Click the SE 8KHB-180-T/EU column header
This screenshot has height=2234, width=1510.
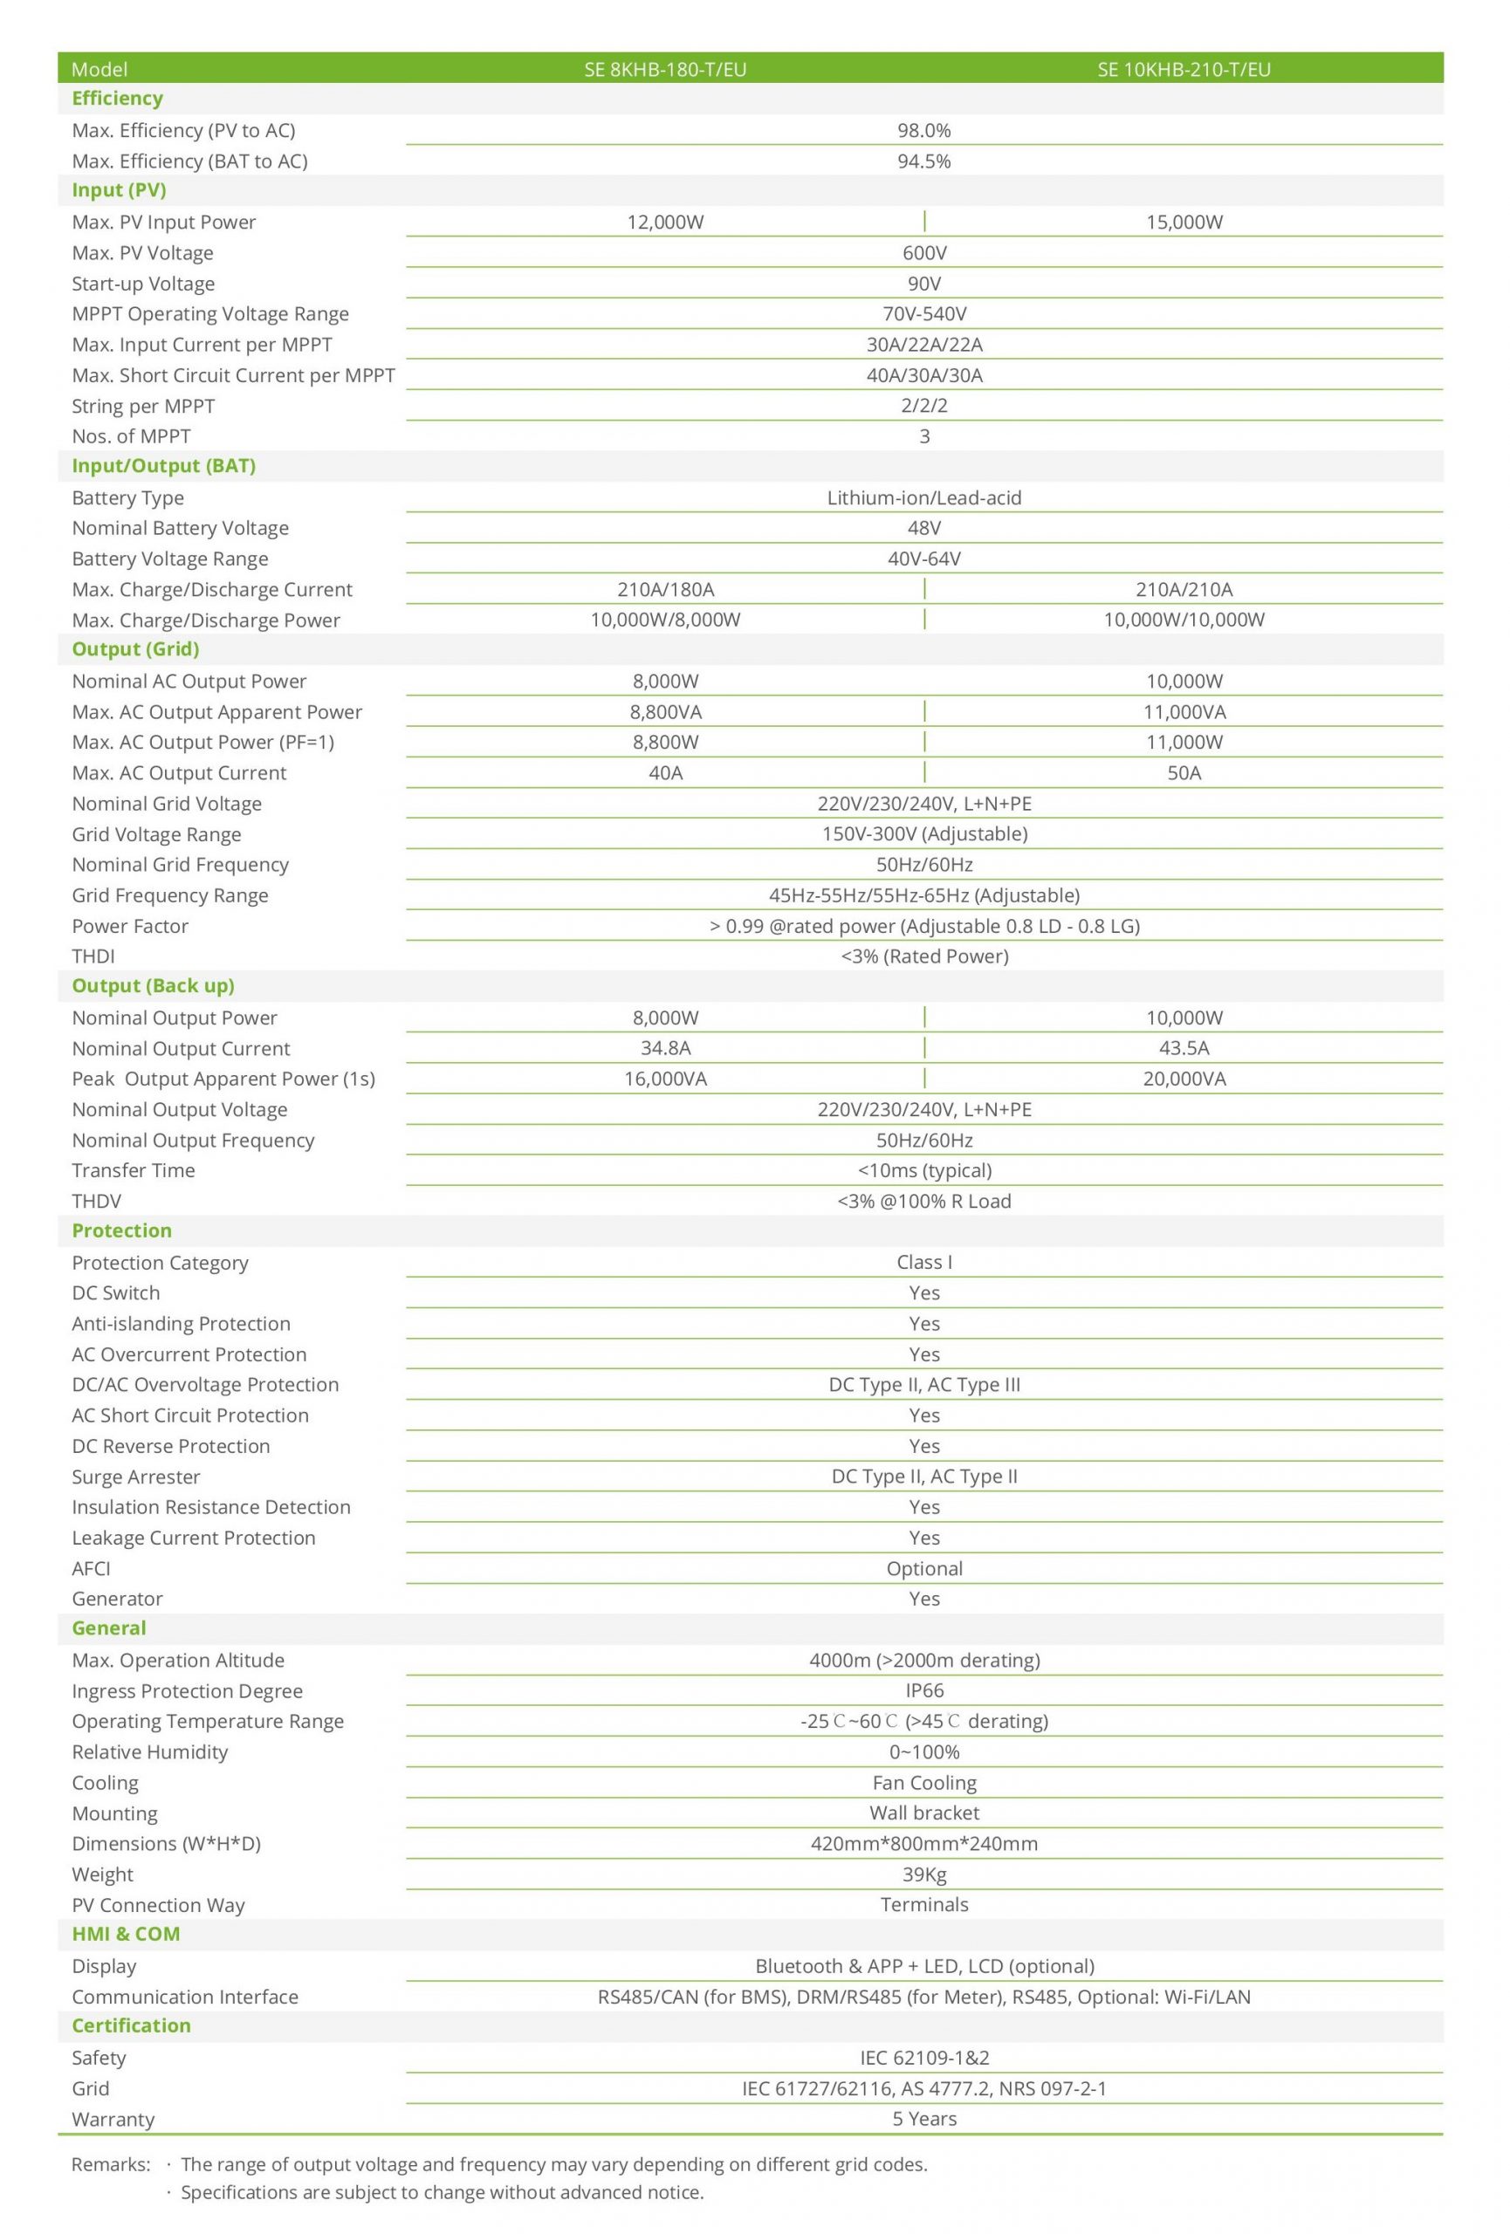665,69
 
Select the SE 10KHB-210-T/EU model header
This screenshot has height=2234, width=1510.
1184,69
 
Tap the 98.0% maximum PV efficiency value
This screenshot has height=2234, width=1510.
923,130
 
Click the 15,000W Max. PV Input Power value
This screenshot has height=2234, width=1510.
1184,222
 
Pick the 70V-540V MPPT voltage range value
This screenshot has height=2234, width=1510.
923,313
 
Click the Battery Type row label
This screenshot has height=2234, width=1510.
127,498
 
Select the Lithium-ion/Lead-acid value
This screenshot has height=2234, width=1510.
923,498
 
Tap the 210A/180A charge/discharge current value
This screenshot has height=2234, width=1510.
665,589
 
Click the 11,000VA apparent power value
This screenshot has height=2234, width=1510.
1184,712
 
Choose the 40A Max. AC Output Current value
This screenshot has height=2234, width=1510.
665,773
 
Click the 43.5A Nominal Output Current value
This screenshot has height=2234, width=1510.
1184,1048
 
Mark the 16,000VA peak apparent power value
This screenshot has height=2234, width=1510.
665,1079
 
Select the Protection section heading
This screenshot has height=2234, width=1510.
122,1230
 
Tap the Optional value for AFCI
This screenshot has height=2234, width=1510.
923,1568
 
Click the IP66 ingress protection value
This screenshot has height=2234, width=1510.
923,1690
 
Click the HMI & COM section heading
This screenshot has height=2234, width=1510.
126,1934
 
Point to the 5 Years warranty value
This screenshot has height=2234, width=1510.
923,2119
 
